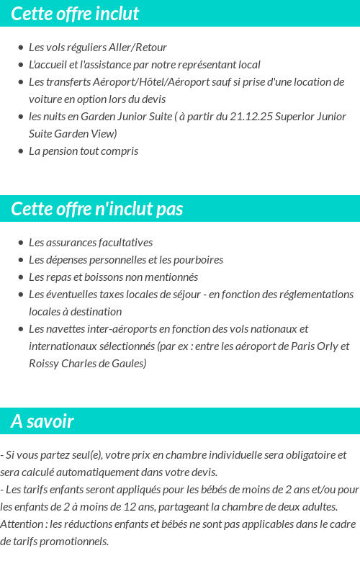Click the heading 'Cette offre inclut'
click(x=75, y=14)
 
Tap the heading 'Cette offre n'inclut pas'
click(x=97, y=209)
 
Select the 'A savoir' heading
click(x=42, y=421)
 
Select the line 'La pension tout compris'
click(x=84, y=151)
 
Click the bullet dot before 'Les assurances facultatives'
click(x=21, y=243)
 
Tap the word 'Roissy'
click(x=45, y=363)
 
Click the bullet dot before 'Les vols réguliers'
click(x=21, y=47)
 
